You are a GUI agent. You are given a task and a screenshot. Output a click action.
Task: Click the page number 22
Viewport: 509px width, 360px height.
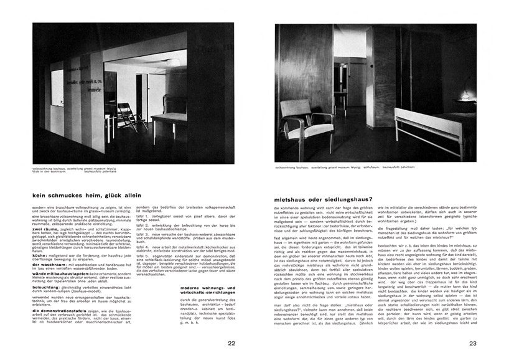(x=231, y=343)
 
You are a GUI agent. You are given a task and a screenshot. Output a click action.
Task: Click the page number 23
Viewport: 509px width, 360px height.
(x=472, y=343)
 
